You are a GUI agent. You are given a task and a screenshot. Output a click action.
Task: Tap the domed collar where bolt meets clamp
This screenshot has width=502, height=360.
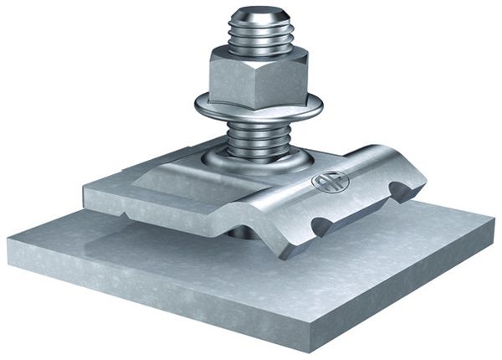point(251,162)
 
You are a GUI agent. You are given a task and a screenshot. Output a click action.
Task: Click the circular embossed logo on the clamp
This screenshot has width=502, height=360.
point(324,182)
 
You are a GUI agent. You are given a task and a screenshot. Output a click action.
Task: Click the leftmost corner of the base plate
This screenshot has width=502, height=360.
point(8,244)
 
